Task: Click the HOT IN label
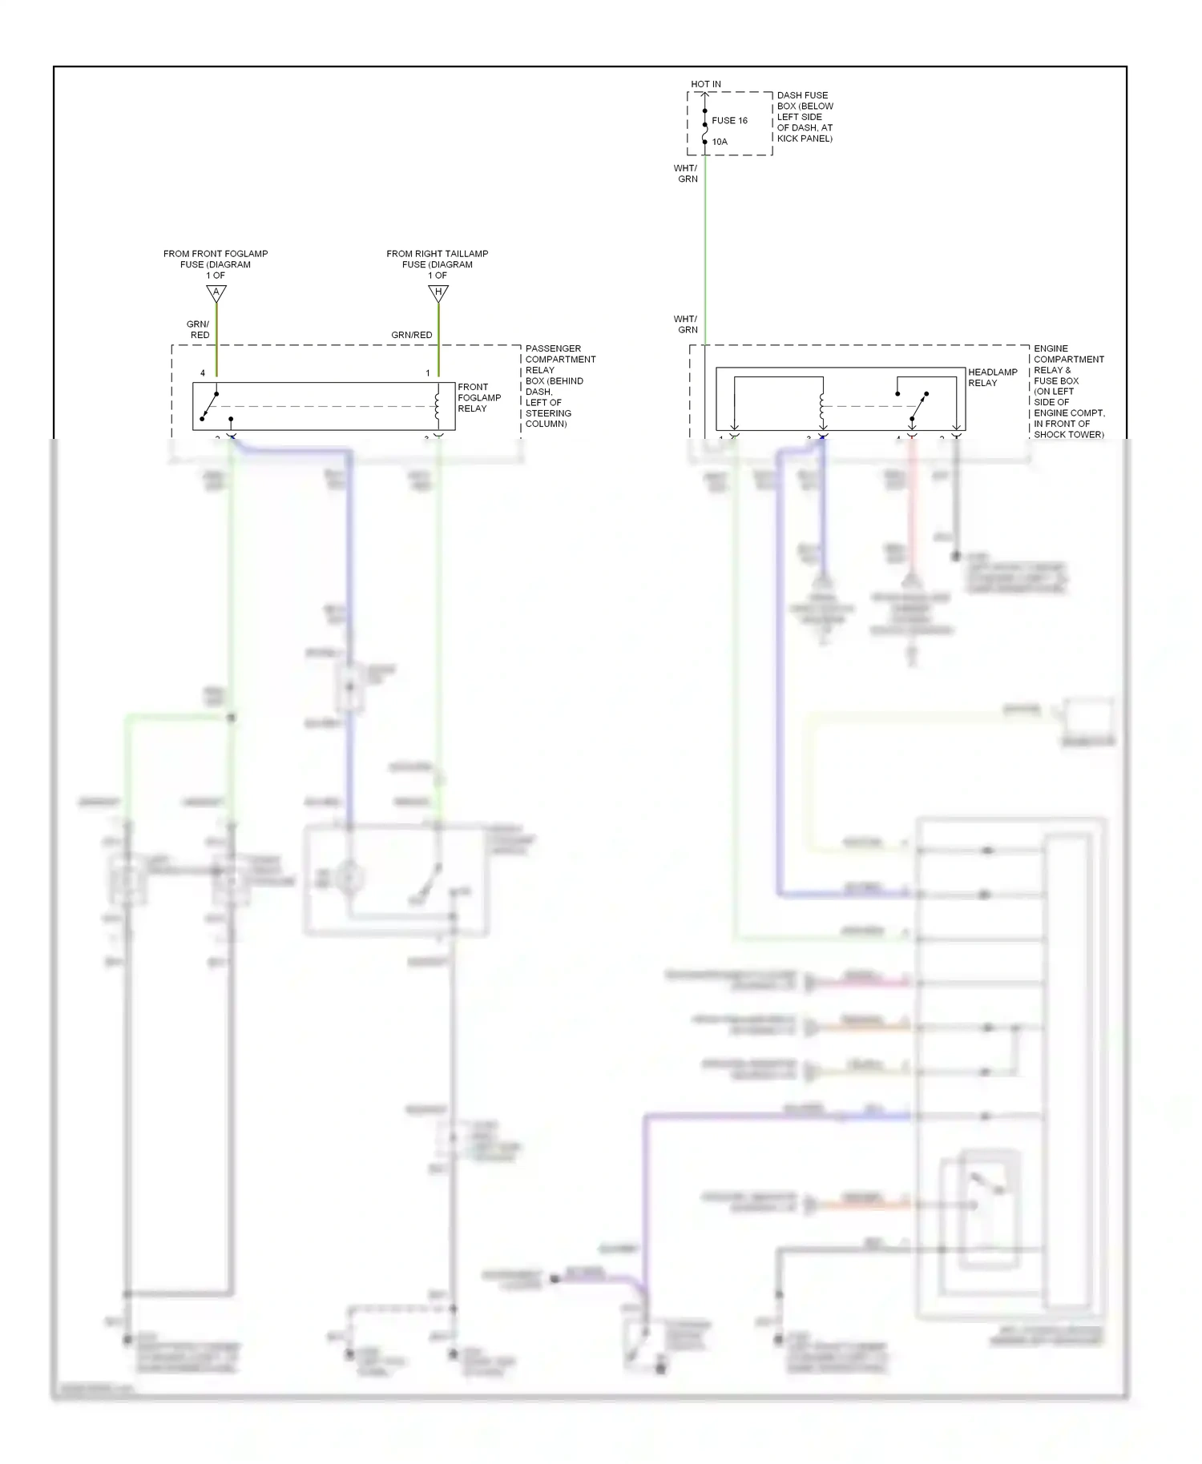[705, 84]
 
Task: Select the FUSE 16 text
[729, 121]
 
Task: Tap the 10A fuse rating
[720, 142]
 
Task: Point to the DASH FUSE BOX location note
[805, 117]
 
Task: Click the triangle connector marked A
[216, 293]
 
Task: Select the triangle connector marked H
[438, 293]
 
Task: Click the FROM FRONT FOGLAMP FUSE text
[216, 264]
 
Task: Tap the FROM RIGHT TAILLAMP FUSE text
[437, 264]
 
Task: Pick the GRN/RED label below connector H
[411, 335]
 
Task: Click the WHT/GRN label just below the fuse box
[686, 174]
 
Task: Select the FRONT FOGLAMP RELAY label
[478, 398]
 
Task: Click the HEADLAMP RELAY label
[992, 377]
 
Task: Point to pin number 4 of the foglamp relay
[203, 373]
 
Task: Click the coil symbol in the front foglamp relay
[437, 405]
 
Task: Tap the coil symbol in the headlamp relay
[822, 405]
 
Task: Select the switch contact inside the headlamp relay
[918, 407]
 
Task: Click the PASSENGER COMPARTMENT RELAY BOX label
[559, 386]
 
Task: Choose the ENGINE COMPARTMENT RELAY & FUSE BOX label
[1068, 392]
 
